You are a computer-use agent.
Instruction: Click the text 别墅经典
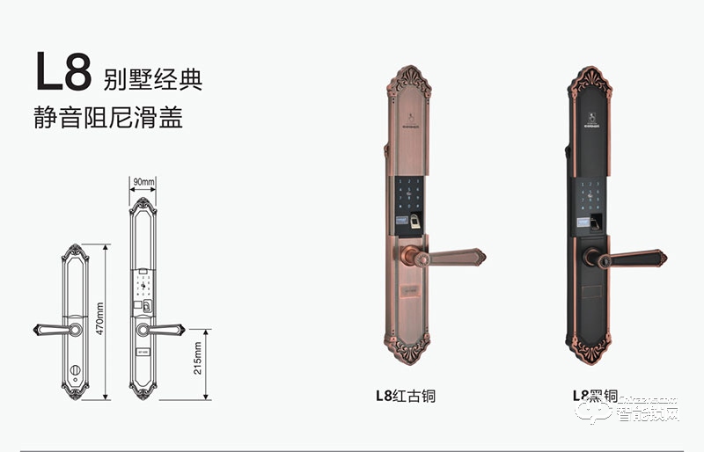tap(152, 80)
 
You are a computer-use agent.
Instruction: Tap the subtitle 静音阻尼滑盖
tap(108, 119)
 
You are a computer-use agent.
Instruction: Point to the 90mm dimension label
tap(143, 182)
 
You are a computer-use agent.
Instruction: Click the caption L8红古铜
tap(406, 396)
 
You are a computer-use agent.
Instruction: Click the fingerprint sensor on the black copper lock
tap(598, 222)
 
